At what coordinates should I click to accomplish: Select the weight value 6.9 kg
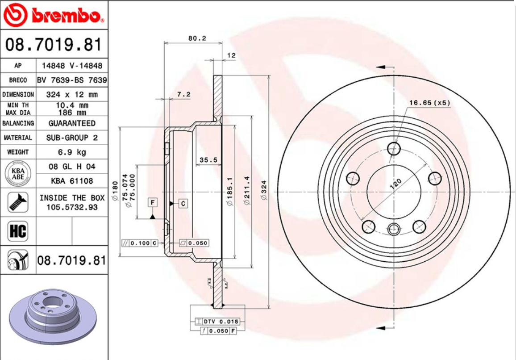tap(72, 152)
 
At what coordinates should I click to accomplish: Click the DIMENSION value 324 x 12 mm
tap(72, 95)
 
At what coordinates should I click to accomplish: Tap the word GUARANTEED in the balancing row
tap(72, 123)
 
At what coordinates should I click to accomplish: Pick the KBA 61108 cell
tap(72, 180)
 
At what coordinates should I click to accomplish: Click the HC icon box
tap(18, 231)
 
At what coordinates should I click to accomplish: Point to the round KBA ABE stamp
tap(18, 173)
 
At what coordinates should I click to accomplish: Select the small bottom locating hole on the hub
tap(393, 230)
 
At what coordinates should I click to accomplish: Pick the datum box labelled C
tap(183, 204)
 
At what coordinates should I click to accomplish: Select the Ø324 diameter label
tap(264, 190)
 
